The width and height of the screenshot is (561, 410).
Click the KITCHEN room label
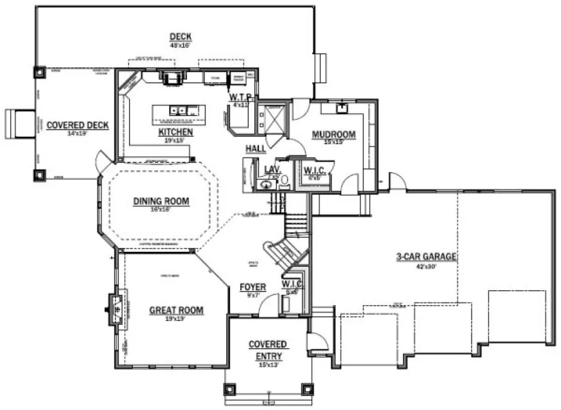pyautogui.click(x=175, y=132)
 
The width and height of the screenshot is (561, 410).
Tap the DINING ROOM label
pyautogui.click(x=161, y=201)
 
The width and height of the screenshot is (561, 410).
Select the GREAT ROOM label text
pyautogui.click(x=176, y=310)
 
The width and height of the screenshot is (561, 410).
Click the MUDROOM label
pyautogui.click(x=334, y=134)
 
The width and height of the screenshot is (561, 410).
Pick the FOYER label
pyautogui.click(x=253, y=287)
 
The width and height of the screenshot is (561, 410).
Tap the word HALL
pyautogui.click(x=255, y=149)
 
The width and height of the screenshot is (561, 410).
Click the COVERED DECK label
pyautogui.click(x=78, y=125)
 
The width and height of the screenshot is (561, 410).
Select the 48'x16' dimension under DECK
pyautogui.click(x=180, y=46)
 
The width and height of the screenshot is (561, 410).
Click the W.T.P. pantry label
pyautogui.click(x=239, y=97)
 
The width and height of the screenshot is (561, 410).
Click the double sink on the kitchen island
pyautogui.click(x=179, y=111)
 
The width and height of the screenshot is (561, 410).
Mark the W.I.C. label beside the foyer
pyautogui.click(x=291, y=283)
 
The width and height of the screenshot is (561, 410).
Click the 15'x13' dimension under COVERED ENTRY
pyautogui.click(x=267, y=365)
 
